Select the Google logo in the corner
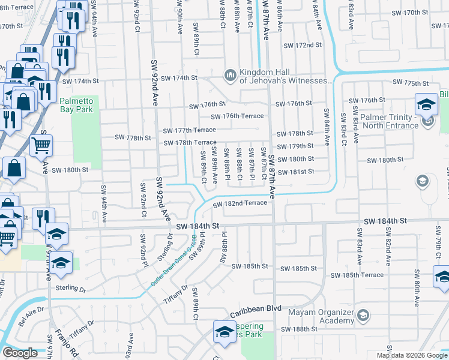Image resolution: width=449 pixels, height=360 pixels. (x=20, y=353)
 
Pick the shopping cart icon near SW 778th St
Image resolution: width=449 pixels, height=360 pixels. (x=41, y=145)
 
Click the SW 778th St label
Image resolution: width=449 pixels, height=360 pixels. (x=134, y=137)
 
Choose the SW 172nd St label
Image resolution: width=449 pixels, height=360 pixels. (x=303, y=46)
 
